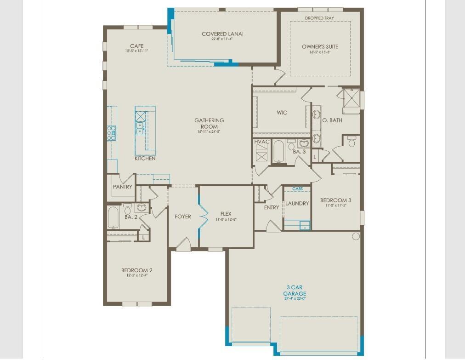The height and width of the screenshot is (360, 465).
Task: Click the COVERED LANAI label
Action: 222,34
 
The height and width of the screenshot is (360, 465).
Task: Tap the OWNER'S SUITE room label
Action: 320,47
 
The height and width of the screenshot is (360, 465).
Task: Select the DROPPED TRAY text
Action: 319,18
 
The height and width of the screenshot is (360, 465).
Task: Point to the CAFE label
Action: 136,46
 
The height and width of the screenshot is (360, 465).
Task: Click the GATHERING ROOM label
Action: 209,123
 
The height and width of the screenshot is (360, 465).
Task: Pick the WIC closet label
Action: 282,113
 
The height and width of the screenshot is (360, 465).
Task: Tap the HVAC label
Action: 262,142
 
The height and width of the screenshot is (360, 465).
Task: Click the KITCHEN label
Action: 145,159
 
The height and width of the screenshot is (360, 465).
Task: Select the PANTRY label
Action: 123,187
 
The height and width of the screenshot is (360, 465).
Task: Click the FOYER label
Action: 183,217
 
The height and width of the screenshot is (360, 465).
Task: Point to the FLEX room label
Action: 226,214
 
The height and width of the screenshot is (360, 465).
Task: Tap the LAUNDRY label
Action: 297,203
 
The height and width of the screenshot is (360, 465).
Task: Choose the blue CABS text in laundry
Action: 297,189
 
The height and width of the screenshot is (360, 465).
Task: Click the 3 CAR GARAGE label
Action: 295,291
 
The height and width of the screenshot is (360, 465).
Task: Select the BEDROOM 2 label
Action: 136,270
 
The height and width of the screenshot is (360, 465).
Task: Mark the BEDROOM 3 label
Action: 335,200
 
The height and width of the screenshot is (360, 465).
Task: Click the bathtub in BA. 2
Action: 113,217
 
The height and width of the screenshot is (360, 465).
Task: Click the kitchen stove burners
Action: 111,132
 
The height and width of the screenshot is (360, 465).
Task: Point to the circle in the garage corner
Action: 356,236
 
